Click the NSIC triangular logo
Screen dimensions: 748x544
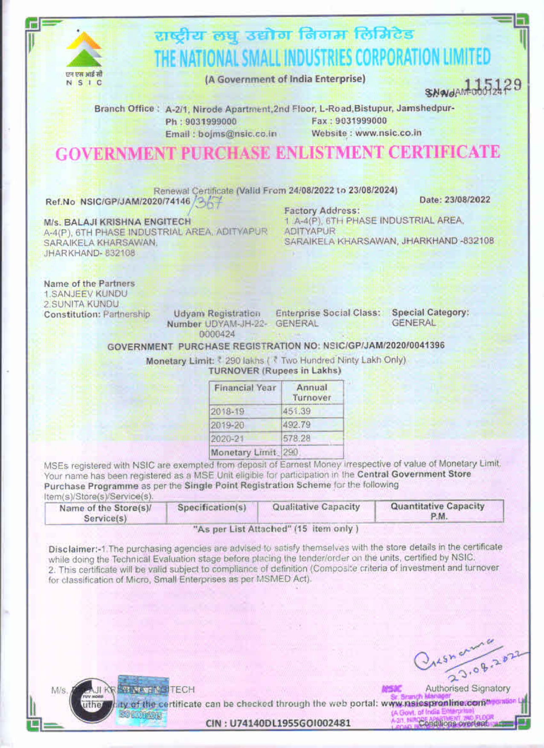point(84,50)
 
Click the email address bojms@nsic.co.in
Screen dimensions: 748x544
point(237,134)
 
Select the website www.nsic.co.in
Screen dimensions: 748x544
point(388,133)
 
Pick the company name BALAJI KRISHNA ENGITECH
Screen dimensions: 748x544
point(127,222)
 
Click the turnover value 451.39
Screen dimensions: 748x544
point(297,411)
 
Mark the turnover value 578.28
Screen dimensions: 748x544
point(297,438)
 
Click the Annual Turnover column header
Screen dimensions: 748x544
point(312,393)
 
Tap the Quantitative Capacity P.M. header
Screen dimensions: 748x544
point(438,511)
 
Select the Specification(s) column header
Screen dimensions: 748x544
point(212,508)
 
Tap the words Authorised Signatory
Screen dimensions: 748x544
point(467,688)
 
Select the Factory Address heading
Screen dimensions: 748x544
point(322,211)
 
